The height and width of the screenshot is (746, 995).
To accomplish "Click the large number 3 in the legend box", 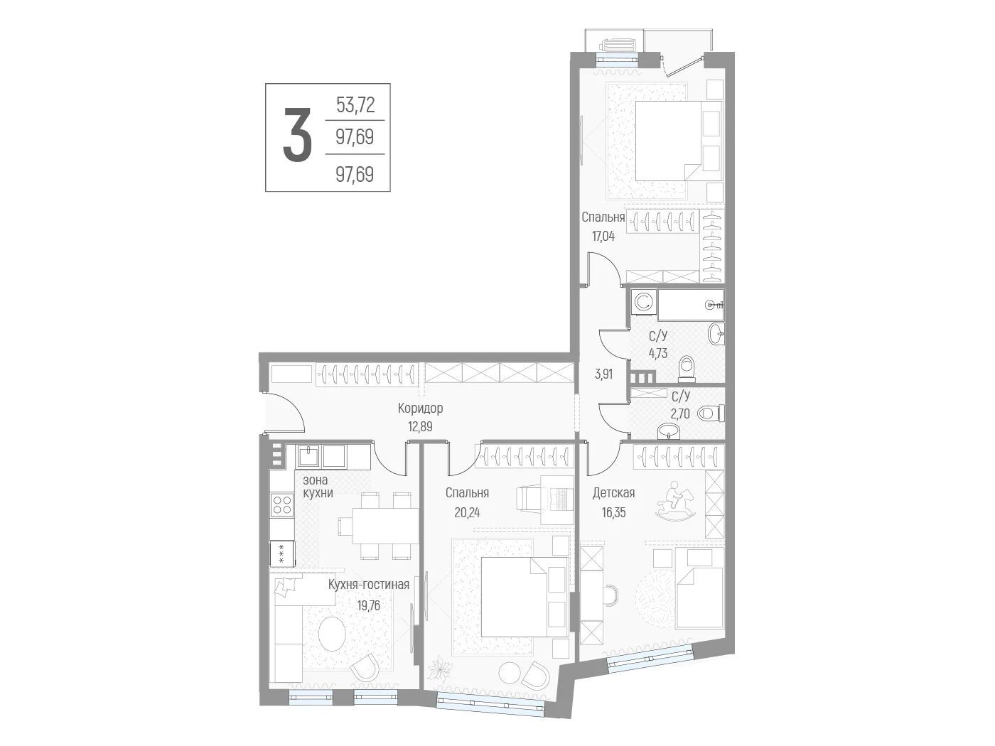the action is (297, 134).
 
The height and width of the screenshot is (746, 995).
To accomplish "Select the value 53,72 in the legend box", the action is (355, 105).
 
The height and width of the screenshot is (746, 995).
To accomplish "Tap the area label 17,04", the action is (603, 236).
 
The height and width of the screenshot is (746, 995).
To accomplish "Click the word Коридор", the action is (420, 409).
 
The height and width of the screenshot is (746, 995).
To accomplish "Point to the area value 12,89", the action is (420, 427).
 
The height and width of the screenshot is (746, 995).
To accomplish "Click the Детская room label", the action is (613, 493).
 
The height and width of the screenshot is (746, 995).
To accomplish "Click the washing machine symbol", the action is (642, 302).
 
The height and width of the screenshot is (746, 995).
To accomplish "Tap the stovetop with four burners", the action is (281, 505).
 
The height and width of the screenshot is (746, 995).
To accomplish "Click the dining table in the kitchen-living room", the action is (385, 526).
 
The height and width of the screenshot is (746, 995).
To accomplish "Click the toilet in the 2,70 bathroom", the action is (711, 413).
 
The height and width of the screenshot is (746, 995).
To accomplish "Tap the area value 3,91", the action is (603, 374).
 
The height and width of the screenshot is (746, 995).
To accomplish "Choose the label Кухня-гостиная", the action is (369, 585).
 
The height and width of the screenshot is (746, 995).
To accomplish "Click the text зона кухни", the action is (318, 487).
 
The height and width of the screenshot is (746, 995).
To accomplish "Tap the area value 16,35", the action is (614, 512).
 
